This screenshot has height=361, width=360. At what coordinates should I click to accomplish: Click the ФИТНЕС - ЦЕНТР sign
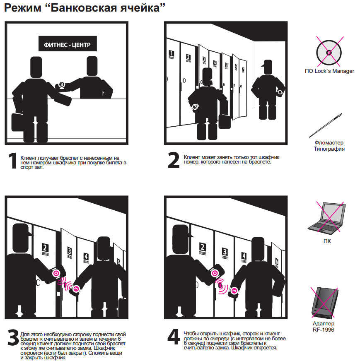68,44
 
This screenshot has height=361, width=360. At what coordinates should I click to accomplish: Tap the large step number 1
12,161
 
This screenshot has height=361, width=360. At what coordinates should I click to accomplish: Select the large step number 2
174,160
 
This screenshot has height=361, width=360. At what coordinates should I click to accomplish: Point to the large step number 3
13,337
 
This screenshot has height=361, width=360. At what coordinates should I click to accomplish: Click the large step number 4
174,337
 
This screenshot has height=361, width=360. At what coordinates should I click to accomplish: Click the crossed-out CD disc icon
329,52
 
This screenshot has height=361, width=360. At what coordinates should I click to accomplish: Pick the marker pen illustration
326,125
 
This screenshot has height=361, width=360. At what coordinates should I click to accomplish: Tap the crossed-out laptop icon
327,217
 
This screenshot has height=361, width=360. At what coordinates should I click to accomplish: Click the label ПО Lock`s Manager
329,71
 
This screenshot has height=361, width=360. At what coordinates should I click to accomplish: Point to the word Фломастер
329,143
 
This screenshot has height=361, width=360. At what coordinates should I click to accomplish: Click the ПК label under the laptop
327,241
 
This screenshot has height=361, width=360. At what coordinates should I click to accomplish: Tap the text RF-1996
324,330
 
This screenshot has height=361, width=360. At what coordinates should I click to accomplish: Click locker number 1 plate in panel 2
172,55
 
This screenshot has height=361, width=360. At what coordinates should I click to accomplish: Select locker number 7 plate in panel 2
243,70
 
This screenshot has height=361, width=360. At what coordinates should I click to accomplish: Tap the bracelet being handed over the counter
61,85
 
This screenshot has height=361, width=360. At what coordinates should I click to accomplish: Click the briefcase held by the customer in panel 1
19,122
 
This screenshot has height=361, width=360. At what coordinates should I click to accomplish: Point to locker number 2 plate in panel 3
45,249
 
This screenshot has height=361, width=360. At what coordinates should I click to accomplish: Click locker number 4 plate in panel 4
244,257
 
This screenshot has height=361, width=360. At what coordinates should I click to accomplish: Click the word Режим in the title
22,8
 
